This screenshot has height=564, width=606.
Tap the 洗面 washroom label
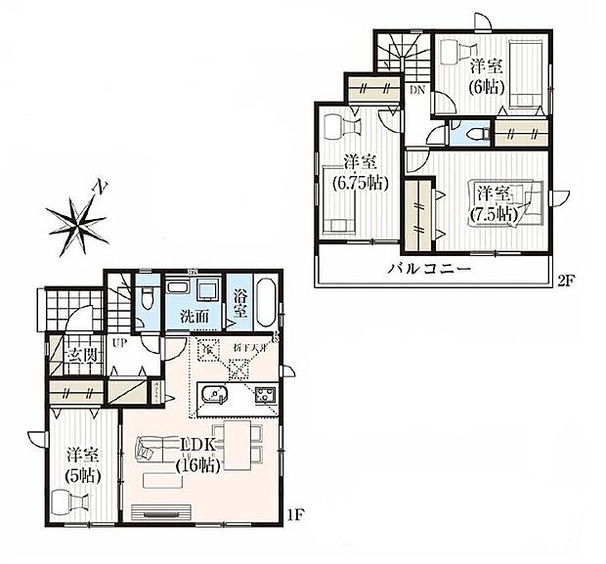[x=192, y=317]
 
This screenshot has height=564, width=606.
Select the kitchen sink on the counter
[x=212, y=398]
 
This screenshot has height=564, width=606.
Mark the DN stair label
[x=416, y=91]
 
